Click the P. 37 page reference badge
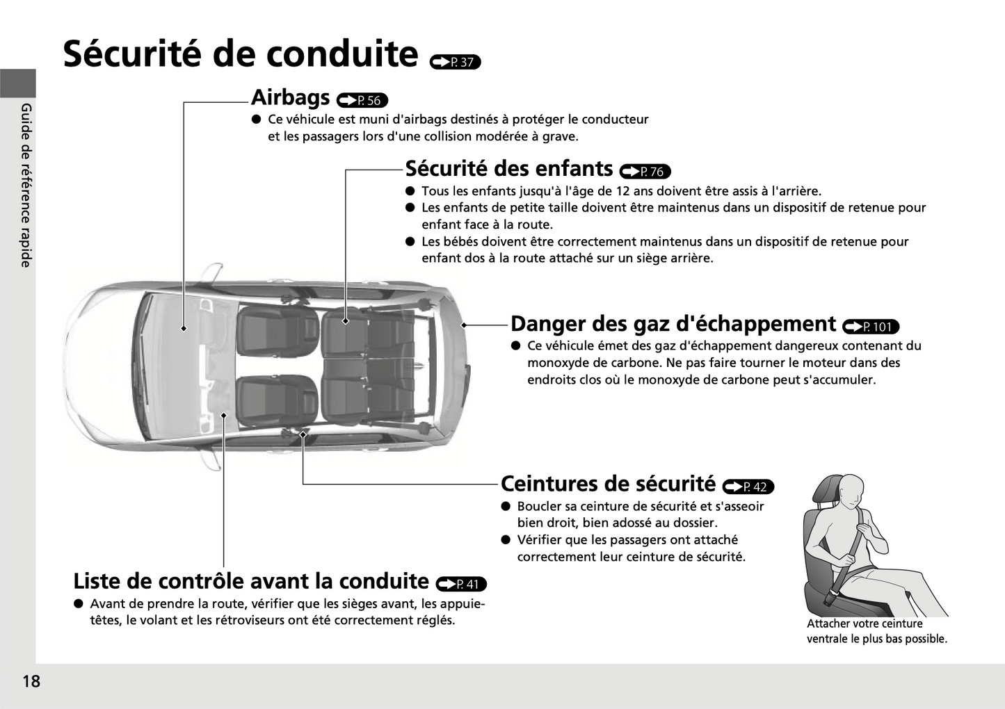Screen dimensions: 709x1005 (x=456, y=62)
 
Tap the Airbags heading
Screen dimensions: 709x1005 (x=290, y=97)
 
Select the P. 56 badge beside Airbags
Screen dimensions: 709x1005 (x=362, y=100)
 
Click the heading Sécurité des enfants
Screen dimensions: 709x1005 (x=508, y=169)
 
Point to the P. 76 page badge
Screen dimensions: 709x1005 (x=645, y=171)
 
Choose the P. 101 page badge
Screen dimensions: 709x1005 (x=870, y=327)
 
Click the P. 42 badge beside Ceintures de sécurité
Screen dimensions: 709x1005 (x=748, y=487)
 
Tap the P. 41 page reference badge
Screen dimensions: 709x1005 (x=461, y=584)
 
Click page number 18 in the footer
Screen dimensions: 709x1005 (x=31, y=681)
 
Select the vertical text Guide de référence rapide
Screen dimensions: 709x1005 (x=26, y=185)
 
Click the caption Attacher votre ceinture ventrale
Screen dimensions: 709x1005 (x=876, y=631)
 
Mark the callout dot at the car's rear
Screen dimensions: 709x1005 (x=463, y=325)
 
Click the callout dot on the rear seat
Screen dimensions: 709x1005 (x=346, y=320)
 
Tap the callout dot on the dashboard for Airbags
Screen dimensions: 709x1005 (x=184, y=328)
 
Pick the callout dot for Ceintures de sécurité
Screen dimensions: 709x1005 (x=303, y=434)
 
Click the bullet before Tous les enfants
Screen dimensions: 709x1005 (x=410, y=190)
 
